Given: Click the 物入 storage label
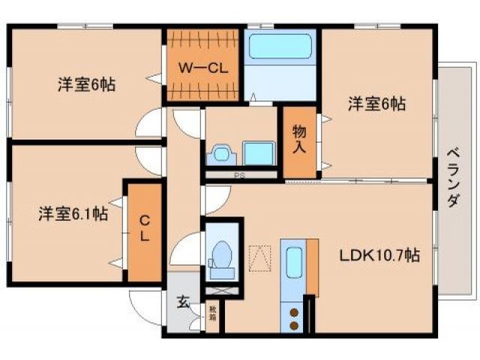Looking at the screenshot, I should [x=298, y=139].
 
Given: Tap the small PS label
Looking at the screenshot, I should [x=241, y=176].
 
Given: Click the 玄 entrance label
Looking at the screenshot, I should [x=181, y=302].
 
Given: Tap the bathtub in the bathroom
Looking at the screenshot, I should [x=281, y=46].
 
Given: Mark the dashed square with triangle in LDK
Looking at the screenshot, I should [x=259, y=257].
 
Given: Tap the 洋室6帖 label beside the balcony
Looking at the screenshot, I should [x=376, y=105].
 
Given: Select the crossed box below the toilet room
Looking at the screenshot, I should [x=222, y=289].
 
